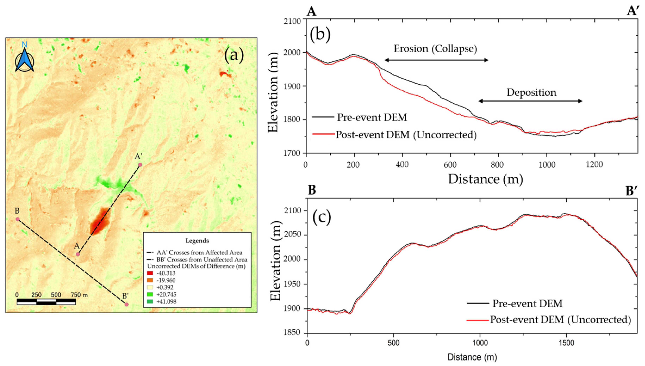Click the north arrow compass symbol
point(24,59)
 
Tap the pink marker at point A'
point(140,165)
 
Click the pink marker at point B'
point(127,304)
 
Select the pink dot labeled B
point(18,219)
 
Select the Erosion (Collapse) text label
point(435,49)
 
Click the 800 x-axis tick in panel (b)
point(497,165)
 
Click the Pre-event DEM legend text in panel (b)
point(372,117)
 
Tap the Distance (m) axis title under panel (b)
point(485,179)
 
